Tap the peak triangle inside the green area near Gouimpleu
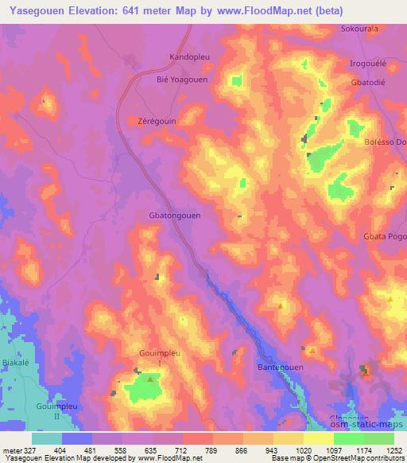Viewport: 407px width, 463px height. click(149, 381)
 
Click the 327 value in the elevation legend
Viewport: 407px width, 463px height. click(29, 449)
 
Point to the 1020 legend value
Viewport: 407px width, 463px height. click(304, 449)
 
